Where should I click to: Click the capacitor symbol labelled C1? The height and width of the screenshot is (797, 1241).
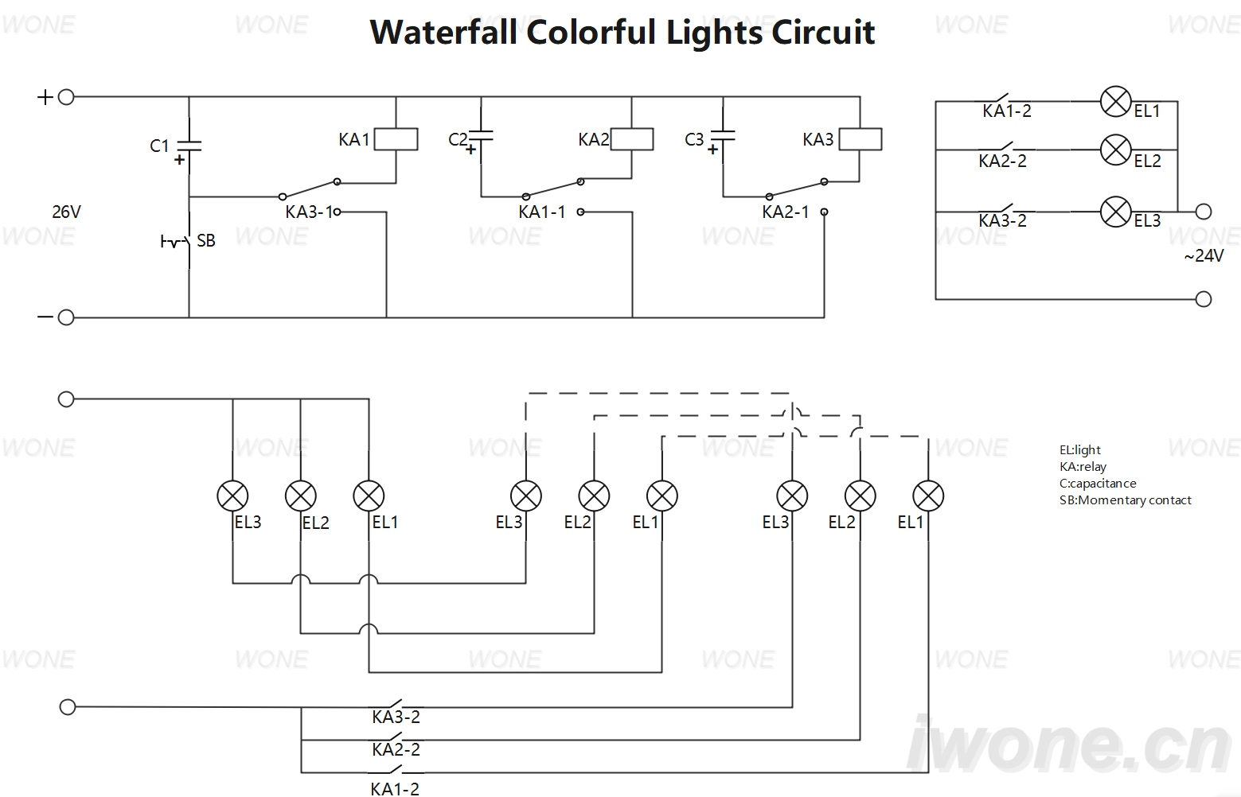(189, 146)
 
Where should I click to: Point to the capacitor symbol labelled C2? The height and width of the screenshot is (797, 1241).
(481, 136)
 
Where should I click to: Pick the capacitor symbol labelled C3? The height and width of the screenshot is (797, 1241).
(723, 136)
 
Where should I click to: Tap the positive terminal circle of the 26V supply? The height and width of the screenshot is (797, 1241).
(66, 97)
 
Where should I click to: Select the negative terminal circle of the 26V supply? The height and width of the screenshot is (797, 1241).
(66, 317)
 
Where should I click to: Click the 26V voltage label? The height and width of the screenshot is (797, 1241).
(67, 212)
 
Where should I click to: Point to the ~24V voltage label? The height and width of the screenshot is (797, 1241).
(1204, 255)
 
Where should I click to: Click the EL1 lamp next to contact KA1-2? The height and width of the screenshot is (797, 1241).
(1115, 102)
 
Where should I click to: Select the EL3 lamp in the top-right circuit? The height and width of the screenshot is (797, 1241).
(1115, 212)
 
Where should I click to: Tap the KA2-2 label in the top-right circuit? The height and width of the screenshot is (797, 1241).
(1002, 161)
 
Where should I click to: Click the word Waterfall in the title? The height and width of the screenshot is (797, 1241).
(443, 32)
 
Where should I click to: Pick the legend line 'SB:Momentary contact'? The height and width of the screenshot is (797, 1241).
(1126, 500)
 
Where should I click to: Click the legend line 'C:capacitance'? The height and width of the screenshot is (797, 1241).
(1098, 483)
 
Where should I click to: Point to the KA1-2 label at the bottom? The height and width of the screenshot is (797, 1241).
(395, 789)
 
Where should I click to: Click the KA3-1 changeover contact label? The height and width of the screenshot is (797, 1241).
(309, 212)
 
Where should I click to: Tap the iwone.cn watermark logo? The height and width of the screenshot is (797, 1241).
(1069, 745)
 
